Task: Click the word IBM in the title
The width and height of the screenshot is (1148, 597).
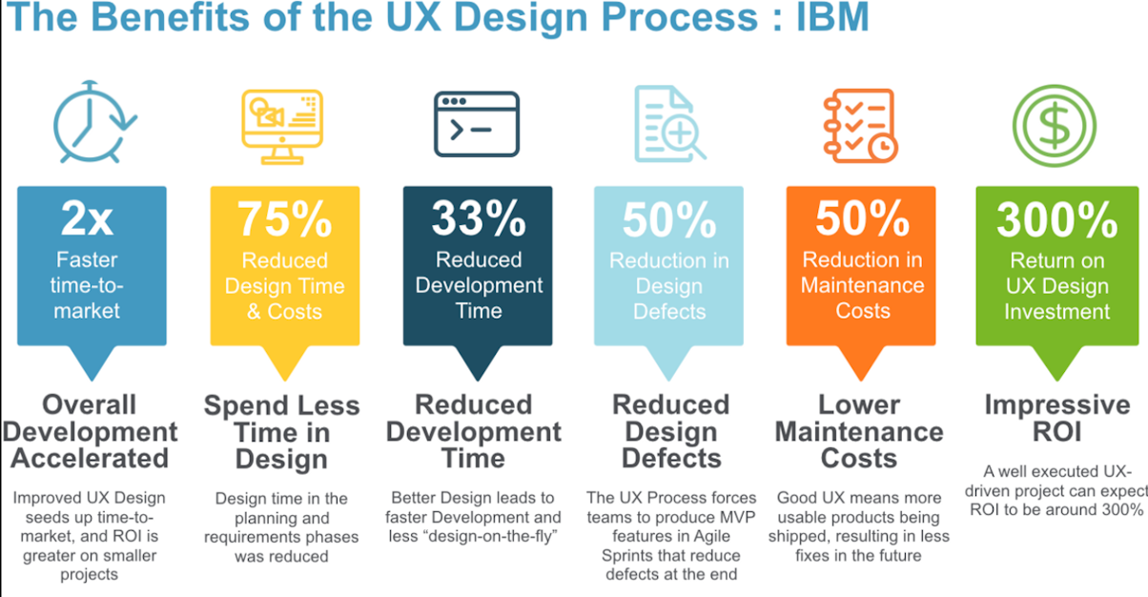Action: pos(832,17)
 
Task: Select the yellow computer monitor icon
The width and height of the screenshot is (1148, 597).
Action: pos(282,127)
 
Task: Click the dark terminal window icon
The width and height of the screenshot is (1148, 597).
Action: pos(477,124)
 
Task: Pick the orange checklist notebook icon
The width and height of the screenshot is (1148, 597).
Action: pos(860,126)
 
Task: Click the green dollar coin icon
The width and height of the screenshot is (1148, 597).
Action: pos(1055,126)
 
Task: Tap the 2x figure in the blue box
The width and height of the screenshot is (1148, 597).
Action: pos(87,218)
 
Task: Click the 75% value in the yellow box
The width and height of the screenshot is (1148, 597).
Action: pos(285,218)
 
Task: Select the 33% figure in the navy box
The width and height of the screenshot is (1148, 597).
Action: pos(479,217)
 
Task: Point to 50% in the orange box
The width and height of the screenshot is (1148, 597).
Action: pos(863,218)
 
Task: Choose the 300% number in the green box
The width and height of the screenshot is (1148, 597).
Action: pos(1056,219)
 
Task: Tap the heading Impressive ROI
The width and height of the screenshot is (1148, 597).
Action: pos(1057,418)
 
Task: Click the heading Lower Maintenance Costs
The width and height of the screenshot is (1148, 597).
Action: pos(859,431)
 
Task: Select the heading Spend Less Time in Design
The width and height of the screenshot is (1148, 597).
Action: pos(282,432)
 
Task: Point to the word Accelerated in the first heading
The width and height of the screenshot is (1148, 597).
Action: pos(90,458)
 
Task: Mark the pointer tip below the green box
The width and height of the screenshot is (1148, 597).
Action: pos(1056,380)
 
